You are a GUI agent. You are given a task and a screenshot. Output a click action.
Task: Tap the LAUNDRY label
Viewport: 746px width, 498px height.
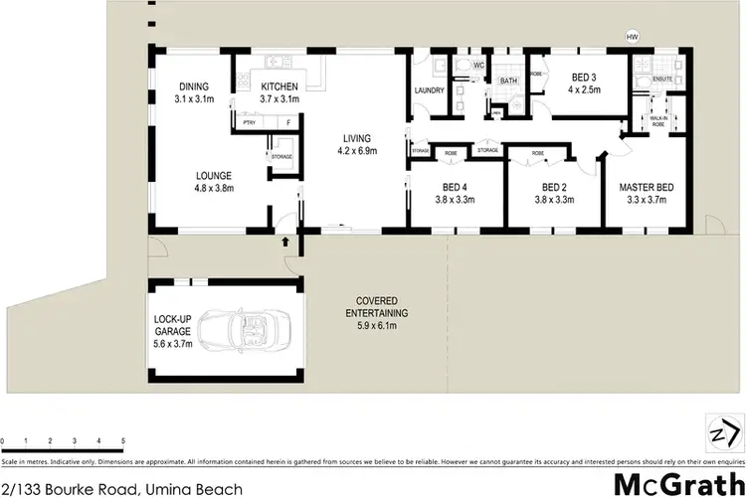[429, 91]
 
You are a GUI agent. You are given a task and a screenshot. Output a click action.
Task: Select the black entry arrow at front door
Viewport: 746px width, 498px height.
[285, 240]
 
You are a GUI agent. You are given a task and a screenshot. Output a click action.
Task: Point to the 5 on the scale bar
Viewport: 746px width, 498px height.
[122, 438]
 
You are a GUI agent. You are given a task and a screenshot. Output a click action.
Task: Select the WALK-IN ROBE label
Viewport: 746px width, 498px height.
[657, 121]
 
